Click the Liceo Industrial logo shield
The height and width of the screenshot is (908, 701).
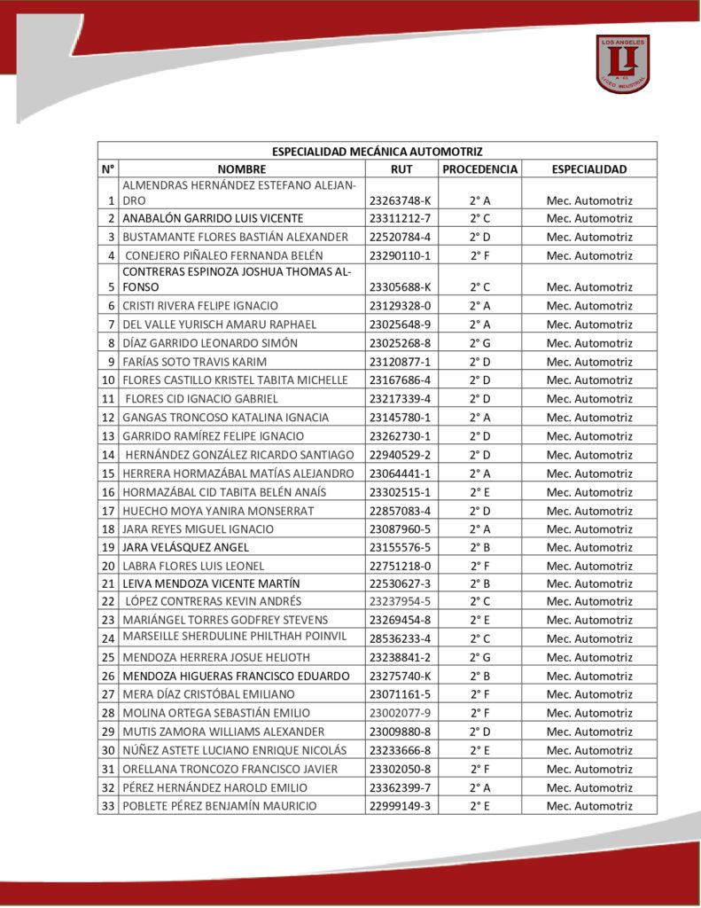point(623,63)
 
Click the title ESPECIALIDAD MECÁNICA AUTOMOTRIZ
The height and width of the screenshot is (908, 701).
point(377,152)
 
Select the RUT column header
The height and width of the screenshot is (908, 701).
point(401,169)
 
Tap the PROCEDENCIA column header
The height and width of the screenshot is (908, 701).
point(479,169)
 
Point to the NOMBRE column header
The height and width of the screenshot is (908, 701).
point(241,169)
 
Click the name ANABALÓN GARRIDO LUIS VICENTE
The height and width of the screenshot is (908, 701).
point(213,218)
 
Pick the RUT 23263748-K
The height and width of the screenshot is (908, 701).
point(400,201)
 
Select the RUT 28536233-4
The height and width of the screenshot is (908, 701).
point(400,638)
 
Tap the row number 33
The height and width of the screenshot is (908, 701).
point(108,806)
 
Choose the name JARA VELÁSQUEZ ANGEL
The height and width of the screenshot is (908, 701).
point(186,547)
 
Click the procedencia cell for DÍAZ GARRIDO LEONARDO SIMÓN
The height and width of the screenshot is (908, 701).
point(479,343)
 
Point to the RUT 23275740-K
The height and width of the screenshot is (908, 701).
point(400,676)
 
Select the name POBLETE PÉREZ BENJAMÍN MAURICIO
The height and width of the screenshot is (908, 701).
point(219,806)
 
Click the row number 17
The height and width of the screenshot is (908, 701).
point(108,511)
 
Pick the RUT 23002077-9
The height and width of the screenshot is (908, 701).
point(400,713)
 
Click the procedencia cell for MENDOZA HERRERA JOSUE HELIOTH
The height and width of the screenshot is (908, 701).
point(479,657)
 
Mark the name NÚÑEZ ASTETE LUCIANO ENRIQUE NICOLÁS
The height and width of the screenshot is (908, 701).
point(234,750)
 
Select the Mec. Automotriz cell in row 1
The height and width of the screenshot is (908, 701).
point(589,201)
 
